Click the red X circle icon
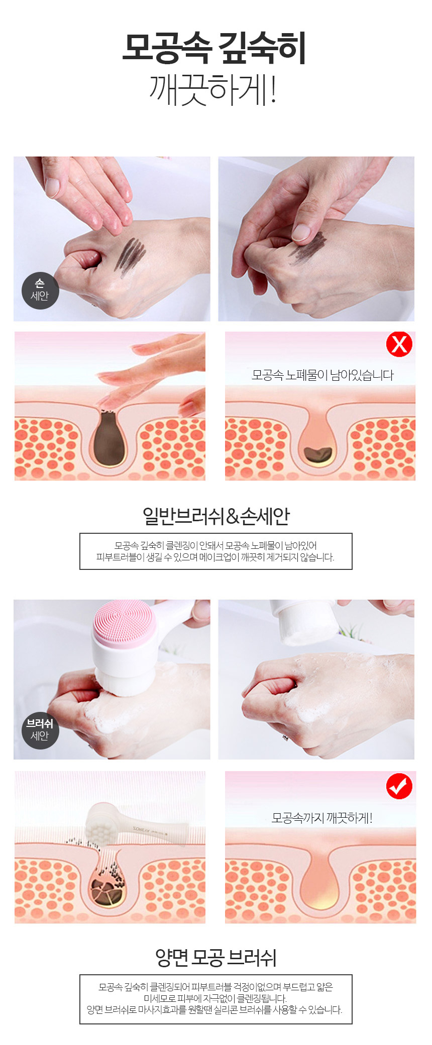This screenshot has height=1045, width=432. click(399, 344)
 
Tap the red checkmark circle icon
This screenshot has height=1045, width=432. click(399, 787)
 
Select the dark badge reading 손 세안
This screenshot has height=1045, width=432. click(40, 290)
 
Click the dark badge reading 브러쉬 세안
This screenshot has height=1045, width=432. click(40, 730)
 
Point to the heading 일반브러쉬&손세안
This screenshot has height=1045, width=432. click(216, 516)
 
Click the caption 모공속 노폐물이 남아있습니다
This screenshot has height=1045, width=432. click(322, 375)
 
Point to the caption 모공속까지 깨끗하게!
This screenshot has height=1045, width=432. click(322, 818)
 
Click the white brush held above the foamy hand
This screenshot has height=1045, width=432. click(304, 622)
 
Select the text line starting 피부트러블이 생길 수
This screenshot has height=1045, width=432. click(215, 557)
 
